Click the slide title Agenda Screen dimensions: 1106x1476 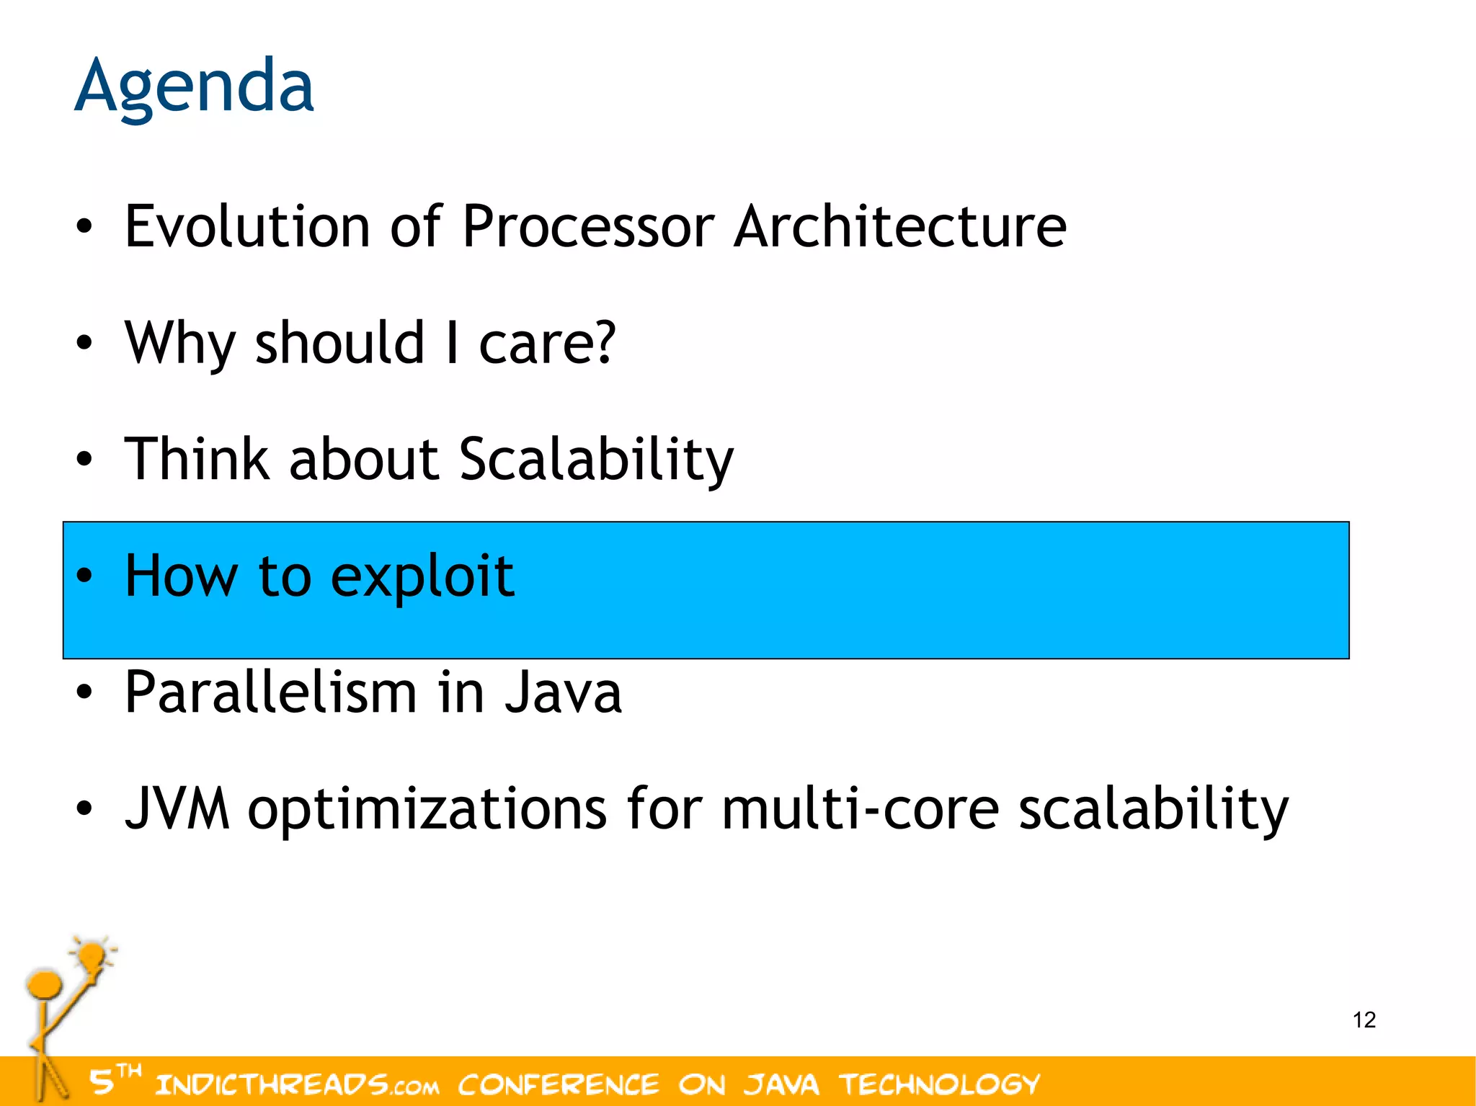pos(194,86)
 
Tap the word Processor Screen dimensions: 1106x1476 pos(587,226)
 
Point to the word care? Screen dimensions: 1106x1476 pos(547,343)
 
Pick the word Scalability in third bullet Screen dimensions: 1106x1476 pos(596,460)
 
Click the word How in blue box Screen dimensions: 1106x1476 pos(181,576)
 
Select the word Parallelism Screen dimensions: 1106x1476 pos(271,692)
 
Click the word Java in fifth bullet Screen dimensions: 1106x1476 pos(562,692)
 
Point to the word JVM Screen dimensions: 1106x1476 pos(177,808)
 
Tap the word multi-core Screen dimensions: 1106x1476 pos(860,808)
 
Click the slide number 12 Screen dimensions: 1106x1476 pos(1364,1020)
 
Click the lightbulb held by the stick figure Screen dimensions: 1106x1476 pos(92,957)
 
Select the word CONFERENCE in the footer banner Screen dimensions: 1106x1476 pos(559,1084)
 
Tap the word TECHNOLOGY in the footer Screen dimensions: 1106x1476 pos(939,1084)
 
